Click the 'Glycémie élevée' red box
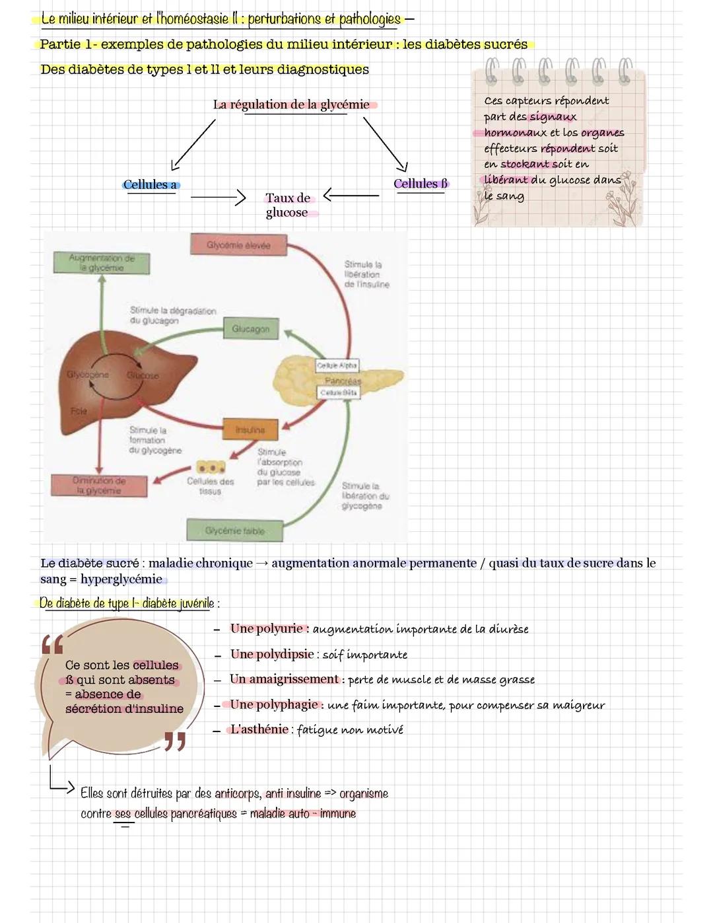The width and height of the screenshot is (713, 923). pos(239,245)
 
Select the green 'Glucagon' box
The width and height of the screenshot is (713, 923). pos(251,329)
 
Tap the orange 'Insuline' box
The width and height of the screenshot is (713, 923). pos(250,429)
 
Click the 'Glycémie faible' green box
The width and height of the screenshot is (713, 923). pos(234,531)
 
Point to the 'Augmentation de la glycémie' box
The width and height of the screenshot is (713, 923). pos(102,263)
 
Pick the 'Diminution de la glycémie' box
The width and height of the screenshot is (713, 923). pos(98,486)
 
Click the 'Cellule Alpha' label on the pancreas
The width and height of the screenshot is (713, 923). pos(337,365)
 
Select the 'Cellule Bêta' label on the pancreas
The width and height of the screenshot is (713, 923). pos(338,392)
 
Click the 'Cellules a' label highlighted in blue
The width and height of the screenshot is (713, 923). pos(151,185)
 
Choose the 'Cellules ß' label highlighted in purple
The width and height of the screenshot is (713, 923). pos(421,184)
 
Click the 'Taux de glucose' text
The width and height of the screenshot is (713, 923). pos(287,205)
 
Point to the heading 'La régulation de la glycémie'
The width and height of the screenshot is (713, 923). pos(291,104)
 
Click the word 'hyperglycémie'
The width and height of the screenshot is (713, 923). pos(121,579)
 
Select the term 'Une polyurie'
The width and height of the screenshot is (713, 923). pos(266,628)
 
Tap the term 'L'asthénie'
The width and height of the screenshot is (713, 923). pos(259,729)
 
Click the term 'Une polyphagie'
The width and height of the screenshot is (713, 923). pos(273,704)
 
